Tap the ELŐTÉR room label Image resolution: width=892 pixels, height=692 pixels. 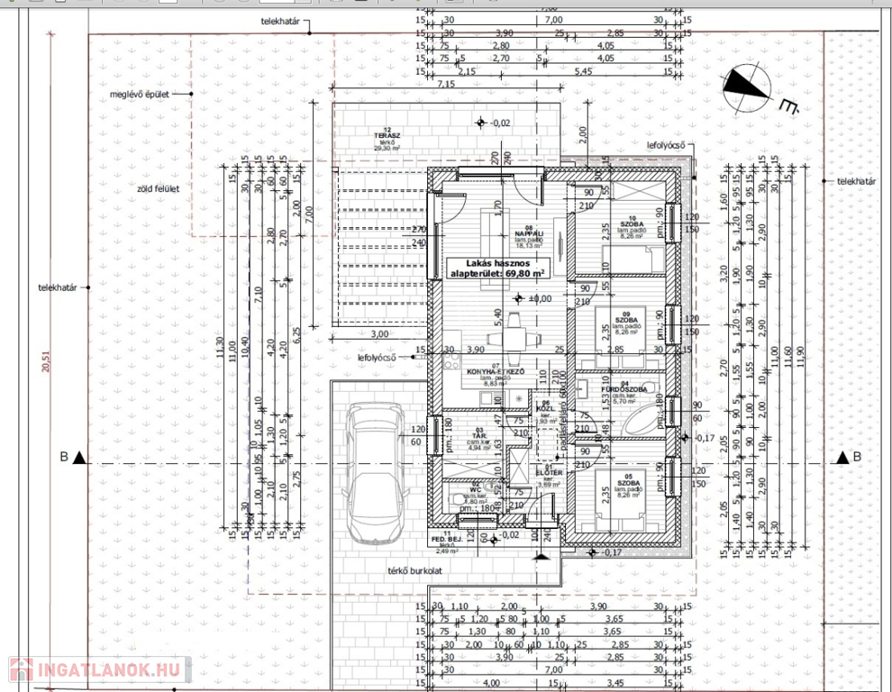(x=550, y=472)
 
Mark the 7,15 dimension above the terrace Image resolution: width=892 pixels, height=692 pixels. (x=445, y=84)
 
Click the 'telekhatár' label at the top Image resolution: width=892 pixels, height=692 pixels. (x=282, y=19)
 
